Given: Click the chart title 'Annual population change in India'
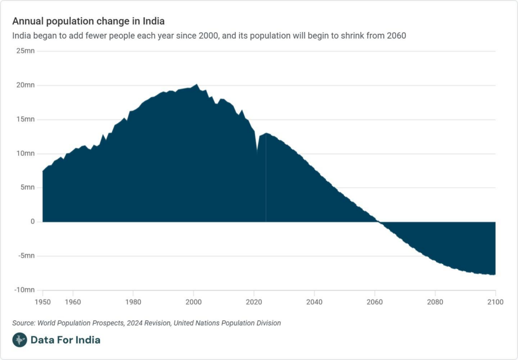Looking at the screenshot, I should coord(88,21).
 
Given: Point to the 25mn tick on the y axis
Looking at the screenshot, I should coord(25,51).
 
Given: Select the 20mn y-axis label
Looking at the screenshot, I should coord(25,85).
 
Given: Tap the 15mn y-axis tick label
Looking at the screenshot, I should coord(25,119).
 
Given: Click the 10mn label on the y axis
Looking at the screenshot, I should coord(25,153).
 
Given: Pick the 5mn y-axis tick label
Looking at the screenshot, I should coord(27,187).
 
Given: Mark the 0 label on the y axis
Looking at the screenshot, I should coord(32,222).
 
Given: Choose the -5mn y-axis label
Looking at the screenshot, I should coord(26,256).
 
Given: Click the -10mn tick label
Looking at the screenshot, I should coord(24,290).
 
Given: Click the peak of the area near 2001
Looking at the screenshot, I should coord(197,85).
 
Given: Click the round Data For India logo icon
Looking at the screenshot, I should coord(19,340).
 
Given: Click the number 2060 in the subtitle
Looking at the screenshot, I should coord(396,36).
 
